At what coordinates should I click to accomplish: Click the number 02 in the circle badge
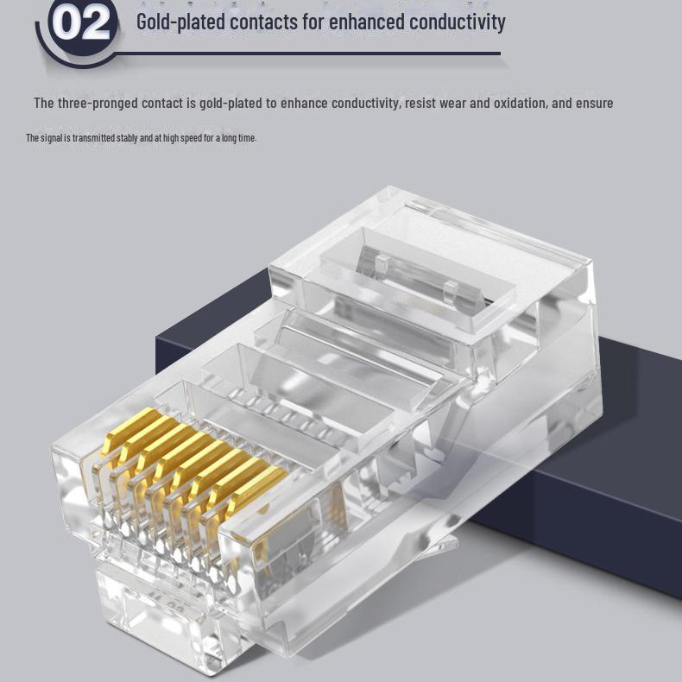(80, 23)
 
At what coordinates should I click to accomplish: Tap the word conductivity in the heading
(457, 22)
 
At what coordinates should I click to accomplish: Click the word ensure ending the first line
(595, 104)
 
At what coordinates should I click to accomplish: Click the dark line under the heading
(311, 54)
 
